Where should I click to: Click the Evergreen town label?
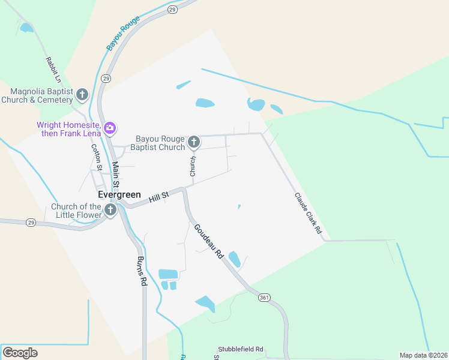[119, 195]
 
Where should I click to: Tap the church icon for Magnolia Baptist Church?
[82, 94]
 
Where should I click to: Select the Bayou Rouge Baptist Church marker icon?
[194, 142]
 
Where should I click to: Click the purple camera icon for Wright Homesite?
[110, 128]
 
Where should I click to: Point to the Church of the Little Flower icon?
[110, 209]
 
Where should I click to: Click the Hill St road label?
[159, 195]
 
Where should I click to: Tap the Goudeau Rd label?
[208, 241]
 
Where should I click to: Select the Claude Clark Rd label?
[308, 213]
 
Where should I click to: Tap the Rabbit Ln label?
[53, 70]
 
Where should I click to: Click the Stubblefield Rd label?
[241, 349]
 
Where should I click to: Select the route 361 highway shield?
[264, 298]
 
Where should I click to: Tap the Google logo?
[20, 353]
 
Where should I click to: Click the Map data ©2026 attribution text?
[423, 355]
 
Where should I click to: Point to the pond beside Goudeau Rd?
[234, 259]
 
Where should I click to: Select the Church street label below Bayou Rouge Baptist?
[193, 166]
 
